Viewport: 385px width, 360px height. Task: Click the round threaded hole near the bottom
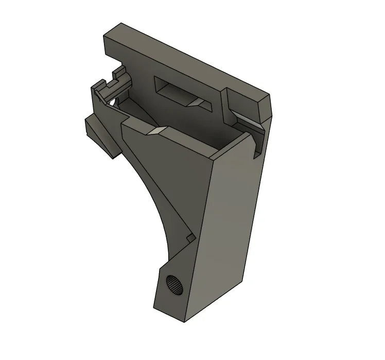coord(174,284)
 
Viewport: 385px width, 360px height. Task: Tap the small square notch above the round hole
coord(190,237)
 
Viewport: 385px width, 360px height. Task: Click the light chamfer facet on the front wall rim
coord(155,132)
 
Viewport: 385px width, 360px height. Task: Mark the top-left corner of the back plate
coord(104,36)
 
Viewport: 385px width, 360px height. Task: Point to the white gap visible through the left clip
coord(111,102)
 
